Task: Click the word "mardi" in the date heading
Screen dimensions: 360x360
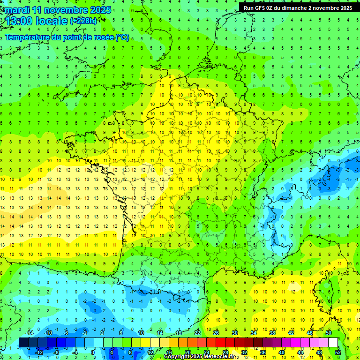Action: pos(16,10)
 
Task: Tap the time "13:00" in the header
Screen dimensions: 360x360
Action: pos(19,21)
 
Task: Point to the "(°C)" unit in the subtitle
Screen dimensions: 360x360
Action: pos(122,37)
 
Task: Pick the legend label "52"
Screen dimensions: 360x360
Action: pos(338,352)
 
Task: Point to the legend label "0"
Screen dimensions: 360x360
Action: pos(92,352)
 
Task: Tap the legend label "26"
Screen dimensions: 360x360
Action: pos(216,333)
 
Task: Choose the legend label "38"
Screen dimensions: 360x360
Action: pos(272,333)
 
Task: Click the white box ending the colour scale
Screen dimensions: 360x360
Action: pos(333,342)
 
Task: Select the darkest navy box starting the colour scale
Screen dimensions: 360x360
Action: pos(23,342)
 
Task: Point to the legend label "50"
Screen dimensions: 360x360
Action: pos(329,333)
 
